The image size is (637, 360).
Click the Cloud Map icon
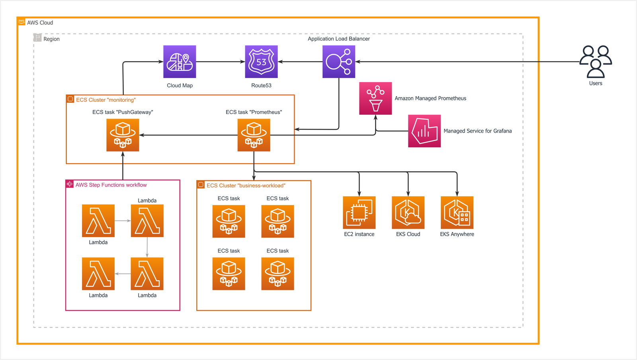pos(180,62)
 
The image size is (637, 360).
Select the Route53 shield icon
pos(261,62)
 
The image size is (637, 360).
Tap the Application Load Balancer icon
pos(339,62)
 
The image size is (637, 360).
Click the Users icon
pos(596,62)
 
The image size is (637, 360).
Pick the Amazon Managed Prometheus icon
pos(375,98)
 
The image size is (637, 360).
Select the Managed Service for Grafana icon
pos(424,131)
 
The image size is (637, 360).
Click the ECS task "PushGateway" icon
pos(123,135)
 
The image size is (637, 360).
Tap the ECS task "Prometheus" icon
pos(254,135)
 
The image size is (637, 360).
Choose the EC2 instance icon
pos(359,213)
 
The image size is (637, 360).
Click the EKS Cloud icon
pos(408,213)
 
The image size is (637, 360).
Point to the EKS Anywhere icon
pos(457,213)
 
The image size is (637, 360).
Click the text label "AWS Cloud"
pos(40,23)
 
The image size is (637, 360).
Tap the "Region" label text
pos(51,39)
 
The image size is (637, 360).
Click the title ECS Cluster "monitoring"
pos(106,100)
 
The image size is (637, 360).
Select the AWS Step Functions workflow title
pos(111,185)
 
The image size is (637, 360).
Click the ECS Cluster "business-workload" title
pos(246,186)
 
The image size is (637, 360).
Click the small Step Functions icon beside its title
pos(70,184)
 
